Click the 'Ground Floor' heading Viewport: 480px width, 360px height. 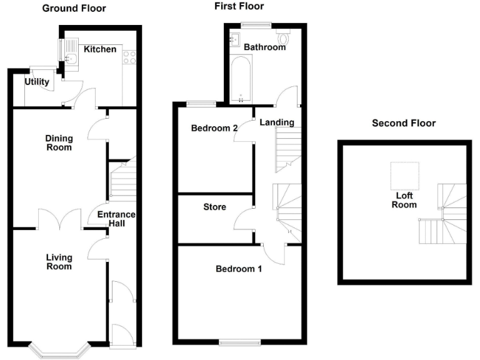(x=73, y=9)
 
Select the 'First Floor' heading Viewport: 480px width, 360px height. (x=238, y=6)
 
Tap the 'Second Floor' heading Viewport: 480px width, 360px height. (x=403, y=123)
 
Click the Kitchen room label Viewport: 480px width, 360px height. (x=100, y=49)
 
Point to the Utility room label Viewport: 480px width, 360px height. (x=37, y=82)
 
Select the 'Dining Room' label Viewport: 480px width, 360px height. (x=58, y=143)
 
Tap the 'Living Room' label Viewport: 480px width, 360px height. (x=58, y=262)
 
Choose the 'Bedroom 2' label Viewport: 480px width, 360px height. (x=214, y=128)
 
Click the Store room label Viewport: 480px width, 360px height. (x=214, y=207)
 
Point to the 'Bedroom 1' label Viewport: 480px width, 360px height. (x=239, y=269)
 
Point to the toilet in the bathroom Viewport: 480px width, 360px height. (x=286, y=40)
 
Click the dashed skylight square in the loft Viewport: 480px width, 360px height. (x=404, y=176)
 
